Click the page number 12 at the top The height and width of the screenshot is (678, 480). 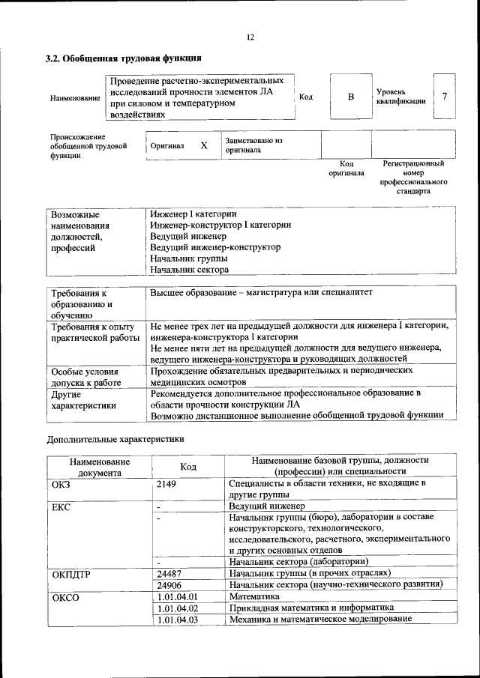coord(250,37)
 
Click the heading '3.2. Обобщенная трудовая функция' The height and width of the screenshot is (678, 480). coord(123,58)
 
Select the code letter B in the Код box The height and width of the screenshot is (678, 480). coord(349,97)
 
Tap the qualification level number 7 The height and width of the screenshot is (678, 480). coord(445,97)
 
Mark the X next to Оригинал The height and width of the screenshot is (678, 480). coord(203,145)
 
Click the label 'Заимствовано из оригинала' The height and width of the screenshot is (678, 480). coord(253,145)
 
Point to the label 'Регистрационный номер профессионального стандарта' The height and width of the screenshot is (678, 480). coord(413,177)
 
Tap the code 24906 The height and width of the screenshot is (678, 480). coord(170,584)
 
